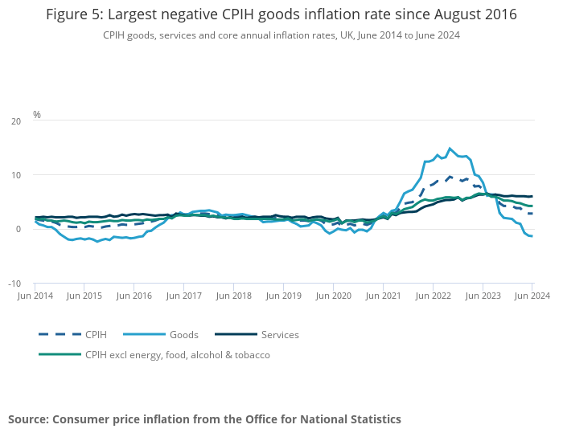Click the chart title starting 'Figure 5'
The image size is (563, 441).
click(281, 14)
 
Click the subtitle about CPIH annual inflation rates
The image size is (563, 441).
click(281, 35)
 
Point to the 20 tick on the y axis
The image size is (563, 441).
click(16, 121)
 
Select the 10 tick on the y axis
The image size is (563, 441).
click(16, 175)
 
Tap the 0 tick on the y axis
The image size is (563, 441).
click(18, 229)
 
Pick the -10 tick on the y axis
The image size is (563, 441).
click(14, 284)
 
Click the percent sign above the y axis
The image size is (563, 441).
click(37, 115)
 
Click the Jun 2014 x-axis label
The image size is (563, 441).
click(35, 296)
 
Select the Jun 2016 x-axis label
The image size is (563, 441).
click(134, 296)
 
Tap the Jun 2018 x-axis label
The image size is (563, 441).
click(234, 296)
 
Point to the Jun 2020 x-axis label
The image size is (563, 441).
click(333, 296)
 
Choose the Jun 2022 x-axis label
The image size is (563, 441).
click(433, 296)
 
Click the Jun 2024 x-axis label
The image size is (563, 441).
click(532, 296)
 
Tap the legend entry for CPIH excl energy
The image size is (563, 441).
click(177, 354)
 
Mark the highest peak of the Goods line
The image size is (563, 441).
click(450, 149)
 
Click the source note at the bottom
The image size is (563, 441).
click(204, 419)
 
